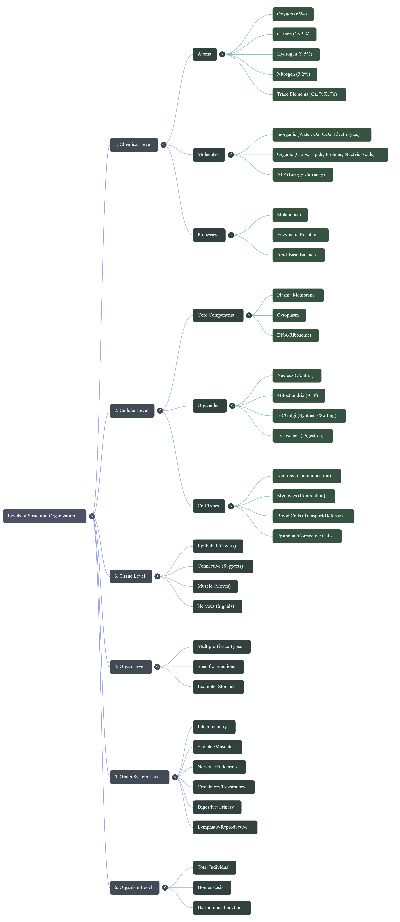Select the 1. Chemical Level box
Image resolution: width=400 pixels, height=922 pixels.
click(x=134, y=145)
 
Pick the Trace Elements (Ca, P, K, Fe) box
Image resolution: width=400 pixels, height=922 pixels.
click(x=309, y=94)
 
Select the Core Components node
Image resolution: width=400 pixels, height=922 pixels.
click(x=218, y=315)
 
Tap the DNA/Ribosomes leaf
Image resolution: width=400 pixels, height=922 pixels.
click(x=295, y=335)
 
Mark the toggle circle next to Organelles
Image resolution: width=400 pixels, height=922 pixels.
click(x=232, y=405)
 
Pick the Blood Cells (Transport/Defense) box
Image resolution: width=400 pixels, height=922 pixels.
click(x=313, y=516)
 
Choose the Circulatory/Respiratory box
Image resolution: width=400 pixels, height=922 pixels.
click(x=223, y=787)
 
